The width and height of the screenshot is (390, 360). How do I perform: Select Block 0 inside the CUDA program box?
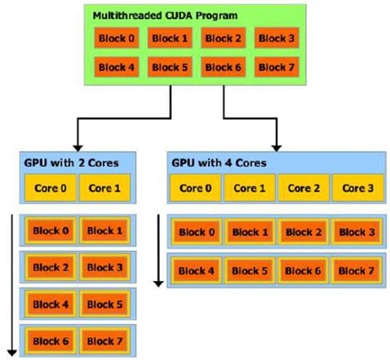click(116, 38)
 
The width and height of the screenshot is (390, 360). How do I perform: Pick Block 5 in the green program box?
click(169, 66)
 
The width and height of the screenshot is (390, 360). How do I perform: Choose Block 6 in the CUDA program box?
click(223, 66)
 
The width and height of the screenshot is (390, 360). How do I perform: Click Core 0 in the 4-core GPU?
click(196, 187)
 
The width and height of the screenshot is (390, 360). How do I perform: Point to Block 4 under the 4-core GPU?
click(197, 270)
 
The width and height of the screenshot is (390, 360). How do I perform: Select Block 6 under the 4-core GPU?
click(302, 270)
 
